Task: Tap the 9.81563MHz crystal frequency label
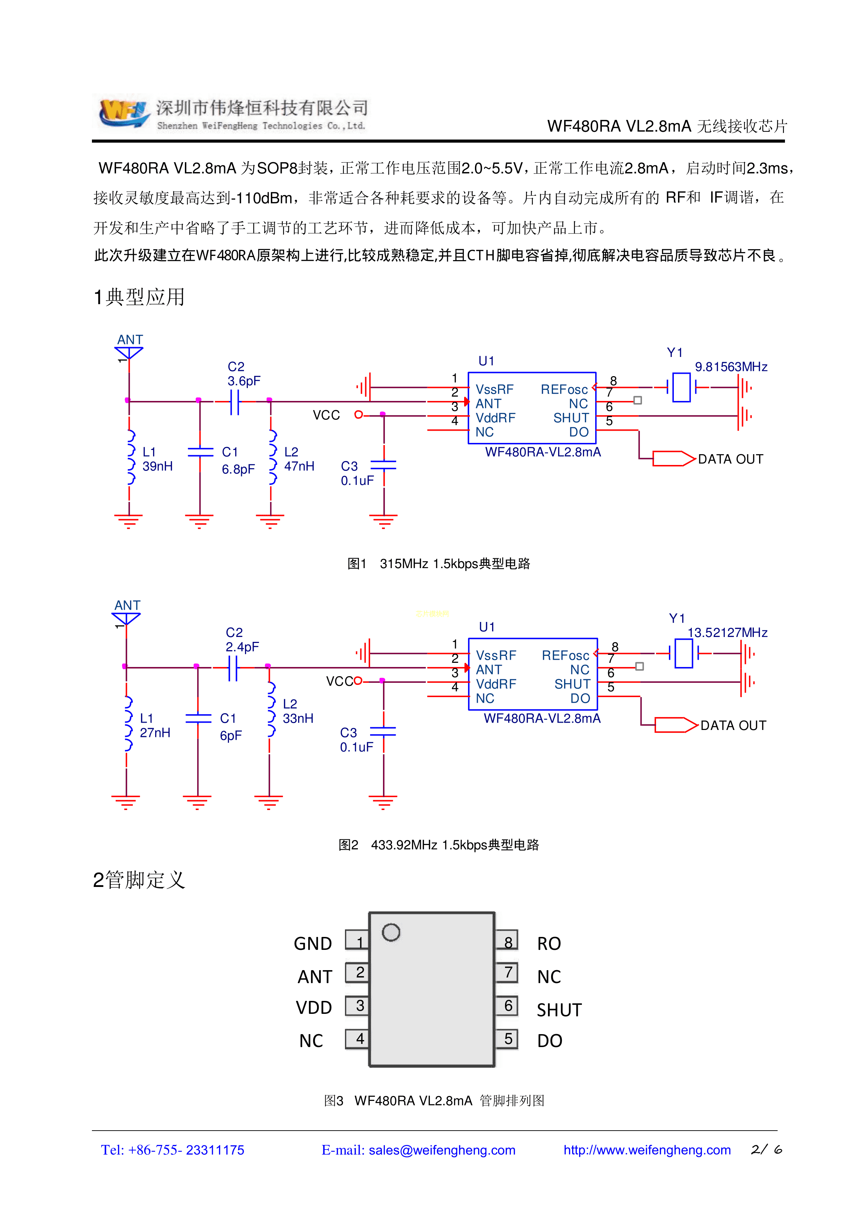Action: tap(730, 367)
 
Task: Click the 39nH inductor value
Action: tap(157, 466)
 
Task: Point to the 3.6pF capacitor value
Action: tap(244, 381)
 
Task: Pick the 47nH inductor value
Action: tap(299, 466)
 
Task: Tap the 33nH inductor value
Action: tap(297, 719)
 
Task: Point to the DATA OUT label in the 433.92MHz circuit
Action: tap(733, 726)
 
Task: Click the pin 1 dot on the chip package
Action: tap(391, 933)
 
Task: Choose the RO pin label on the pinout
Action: tap(549, 944)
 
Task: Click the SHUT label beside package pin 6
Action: tap(559, 1010)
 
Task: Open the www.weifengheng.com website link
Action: tap(646, 1150)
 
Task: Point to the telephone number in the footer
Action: tap(172, 1150)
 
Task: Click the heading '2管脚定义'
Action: tap(139, 880)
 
